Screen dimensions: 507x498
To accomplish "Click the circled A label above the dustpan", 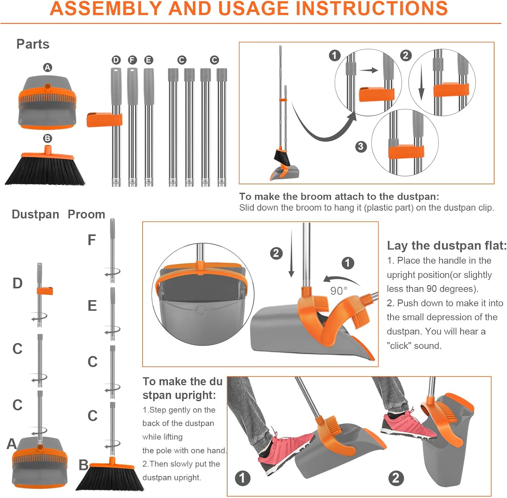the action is [x=48, y=68].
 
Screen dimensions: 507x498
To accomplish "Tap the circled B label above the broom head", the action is [x=48, y=138].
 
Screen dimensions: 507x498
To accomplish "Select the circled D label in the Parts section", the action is [x=116, y=60].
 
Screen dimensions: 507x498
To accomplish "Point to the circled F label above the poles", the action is [x=132, y=60].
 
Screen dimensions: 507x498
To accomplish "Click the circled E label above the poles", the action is [x=148, y=60].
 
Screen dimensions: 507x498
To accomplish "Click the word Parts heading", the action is [x=33, y=44].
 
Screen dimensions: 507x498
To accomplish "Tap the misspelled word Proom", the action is [x=87, y=214].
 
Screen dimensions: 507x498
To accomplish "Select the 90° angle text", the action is [x=339, y=291].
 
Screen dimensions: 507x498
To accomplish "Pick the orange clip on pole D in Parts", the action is [x=104, y=120].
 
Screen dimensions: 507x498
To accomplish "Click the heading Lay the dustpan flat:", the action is [x=447, y=245].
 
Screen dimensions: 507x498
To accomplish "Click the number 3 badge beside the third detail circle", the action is [x=361, y=146].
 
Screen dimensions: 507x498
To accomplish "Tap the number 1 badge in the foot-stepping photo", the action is [x=242, y=478].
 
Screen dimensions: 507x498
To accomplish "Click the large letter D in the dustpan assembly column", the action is [x=18, y=283].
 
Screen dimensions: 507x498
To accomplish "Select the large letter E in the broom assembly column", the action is [x=92, y=306].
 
